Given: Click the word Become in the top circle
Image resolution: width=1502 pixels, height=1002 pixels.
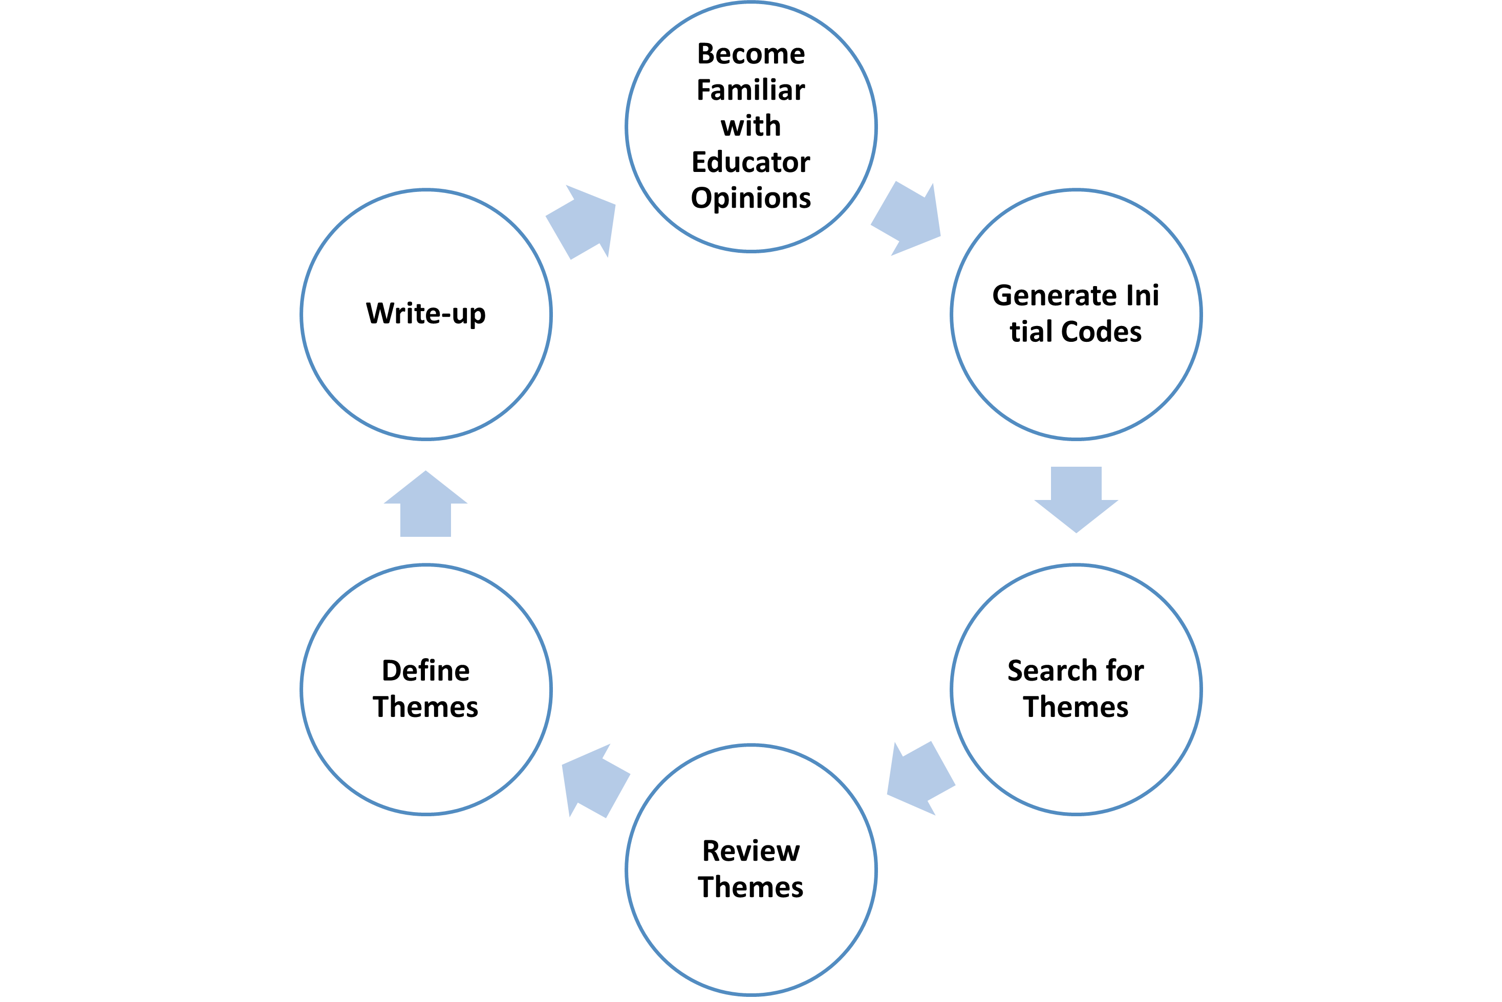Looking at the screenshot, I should [750, 54].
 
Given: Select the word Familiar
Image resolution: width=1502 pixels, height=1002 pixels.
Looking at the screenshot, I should [750, 90].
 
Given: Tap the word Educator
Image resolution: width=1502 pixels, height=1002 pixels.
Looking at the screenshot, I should [750, 162].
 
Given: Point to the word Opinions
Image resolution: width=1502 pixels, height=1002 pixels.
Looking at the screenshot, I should [750, 198].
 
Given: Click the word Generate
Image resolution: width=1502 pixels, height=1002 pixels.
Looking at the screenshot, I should [1052, 295].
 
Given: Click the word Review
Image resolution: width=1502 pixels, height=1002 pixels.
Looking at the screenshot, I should [750, 851].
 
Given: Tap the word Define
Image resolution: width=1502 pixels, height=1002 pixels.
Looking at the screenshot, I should [426, 670].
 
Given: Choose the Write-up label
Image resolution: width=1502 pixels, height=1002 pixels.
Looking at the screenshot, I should [426, 313].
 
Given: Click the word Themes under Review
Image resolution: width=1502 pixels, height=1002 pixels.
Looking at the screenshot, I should [750, 887].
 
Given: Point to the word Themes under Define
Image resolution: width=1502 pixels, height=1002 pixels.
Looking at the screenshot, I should [426, 707].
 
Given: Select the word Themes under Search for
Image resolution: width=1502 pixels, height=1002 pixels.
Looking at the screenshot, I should [1076, 707].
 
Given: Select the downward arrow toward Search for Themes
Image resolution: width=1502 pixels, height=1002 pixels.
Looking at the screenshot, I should [1076, 498].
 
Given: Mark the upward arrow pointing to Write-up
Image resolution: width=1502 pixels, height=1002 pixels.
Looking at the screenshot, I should [426, 505].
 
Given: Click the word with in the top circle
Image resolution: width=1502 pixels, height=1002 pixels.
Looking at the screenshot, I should [750, 126].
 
